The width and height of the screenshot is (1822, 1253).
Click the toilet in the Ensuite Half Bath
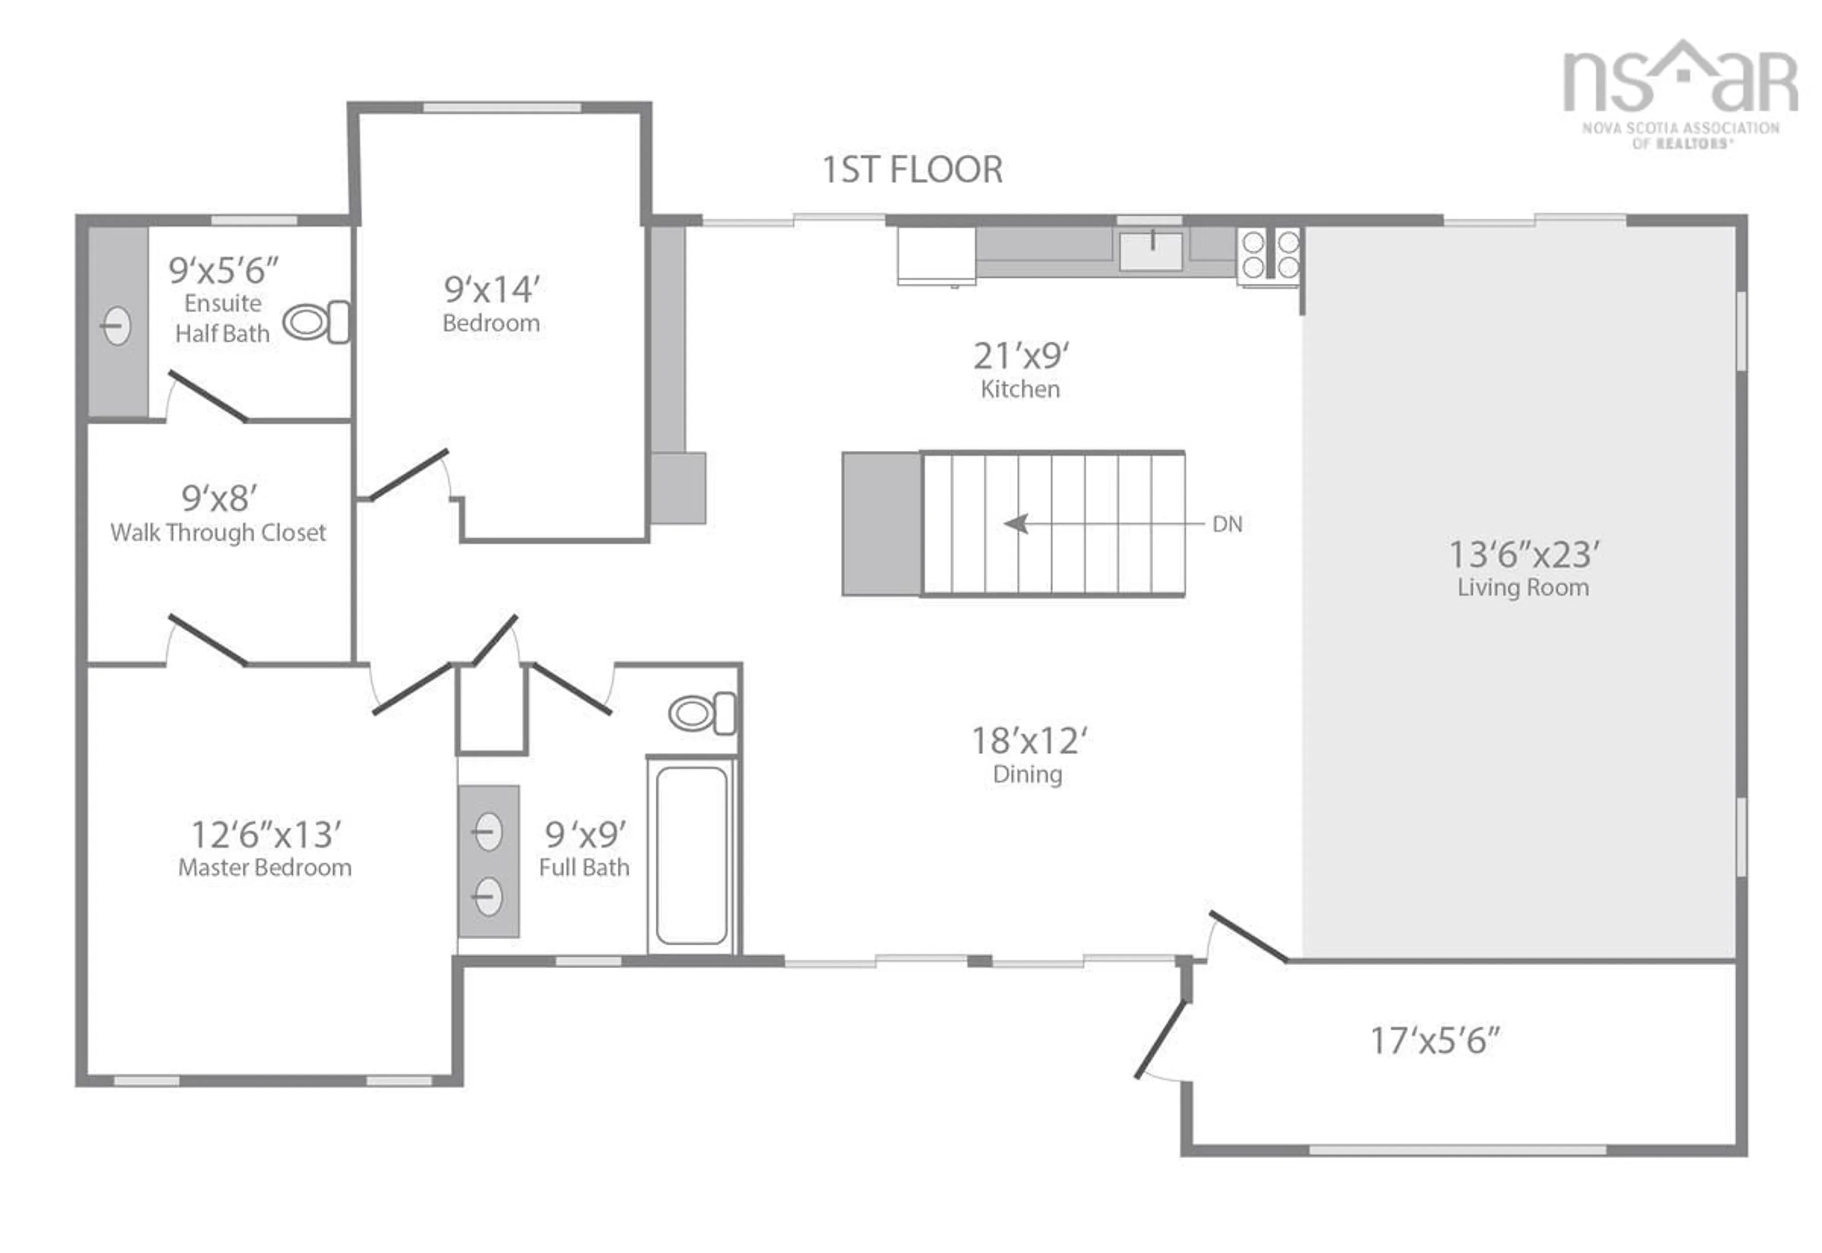pos(316,322)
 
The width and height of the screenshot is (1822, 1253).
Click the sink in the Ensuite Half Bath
pos(116,326)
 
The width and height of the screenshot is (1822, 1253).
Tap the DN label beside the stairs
pos(1227,524)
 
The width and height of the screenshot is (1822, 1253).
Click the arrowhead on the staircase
pos(1017,523)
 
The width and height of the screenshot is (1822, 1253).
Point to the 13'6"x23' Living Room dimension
pos(1523,555)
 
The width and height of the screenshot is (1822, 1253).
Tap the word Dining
pos(1027,774)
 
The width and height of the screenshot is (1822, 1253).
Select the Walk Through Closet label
pos(218,533)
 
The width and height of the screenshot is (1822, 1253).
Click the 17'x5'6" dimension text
pos(1434,1041)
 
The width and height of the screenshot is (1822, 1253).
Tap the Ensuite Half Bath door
pos(208,396)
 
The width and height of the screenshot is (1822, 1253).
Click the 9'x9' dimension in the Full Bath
pos(586,834)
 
